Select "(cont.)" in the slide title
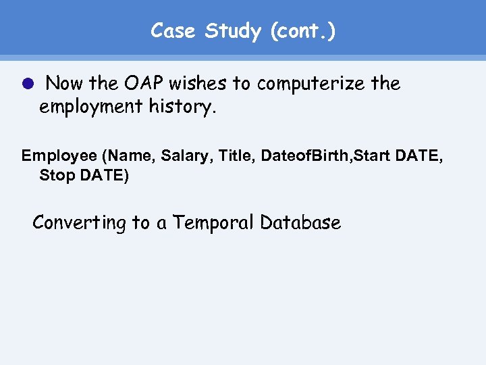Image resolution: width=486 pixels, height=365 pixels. [x=303, y=31]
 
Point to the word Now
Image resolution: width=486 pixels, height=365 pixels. [x=66, y=84]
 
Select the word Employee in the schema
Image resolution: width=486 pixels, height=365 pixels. [x=59, y=156]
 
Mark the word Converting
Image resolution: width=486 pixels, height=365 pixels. [x=80, y=222]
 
